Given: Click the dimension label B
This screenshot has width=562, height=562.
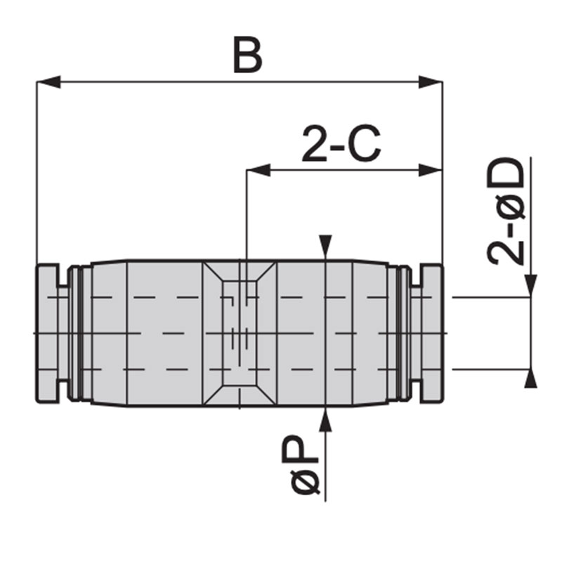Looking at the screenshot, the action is pos(248,55).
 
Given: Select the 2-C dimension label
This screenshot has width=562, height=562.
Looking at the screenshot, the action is pos(341,144).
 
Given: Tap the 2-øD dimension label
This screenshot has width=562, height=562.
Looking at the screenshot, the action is pos(506,211).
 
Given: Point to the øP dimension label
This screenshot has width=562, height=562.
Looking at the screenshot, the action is pos(301,464).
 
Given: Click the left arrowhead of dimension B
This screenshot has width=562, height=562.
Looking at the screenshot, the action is pos(48,82).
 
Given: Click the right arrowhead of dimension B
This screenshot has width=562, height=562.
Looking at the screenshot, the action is pos(431,82).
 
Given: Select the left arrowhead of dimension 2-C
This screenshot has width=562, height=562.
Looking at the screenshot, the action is pos(259,170).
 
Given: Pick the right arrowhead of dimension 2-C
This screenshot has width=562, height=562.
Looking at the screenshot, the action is pos(431,170).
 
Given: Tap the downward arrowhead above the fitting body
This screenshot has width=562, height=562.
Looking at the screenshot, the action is pos(325,247).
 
